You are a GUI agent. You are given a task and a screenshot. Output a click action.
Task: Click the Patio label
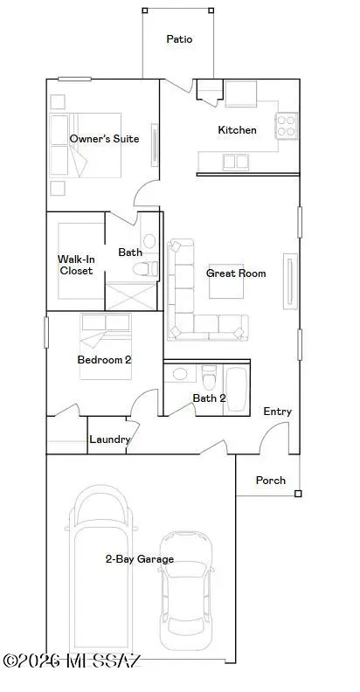179,39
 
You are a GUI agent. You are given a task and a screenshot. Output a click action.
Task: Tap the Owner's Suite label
104,139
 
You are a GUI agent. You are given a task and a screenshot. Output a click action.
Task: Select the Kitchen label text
237,130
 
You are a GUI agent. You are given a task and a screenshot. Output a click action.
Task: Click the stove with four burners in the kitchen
287,126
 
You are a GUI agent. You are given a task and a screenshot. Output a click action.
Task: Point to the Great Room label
235,273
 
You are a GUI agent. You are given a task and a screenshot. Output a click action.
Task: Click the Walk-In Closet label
75,265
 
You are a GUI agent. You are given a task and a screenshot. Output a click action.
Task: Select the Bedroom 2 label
104,359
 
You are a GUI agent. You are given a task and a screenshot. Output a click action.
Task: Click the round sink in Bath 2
180,375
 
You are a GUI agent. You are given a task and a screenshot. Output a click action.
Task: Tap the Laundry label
110,439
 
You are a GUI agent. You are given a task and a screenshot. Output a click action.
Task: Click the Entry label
277,412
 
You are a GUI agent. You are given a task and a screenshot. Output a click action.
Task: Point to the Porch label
270,481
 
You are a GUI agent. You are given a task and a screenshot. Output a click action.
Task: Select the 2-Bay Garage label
139,559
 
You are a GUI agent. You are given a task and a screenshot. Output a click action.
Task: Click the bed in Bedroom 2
105,347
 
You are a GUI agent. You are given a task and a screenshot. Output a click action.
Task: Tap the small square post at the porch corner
298,494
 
